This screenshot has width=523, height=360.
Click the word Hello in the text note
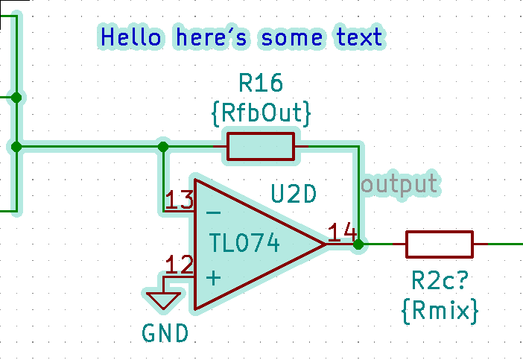[x=130, y=37]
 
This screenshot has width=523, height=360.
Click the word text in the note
[x=359, y=37]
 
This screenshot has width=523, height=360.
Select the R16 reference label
[x=261, y=83]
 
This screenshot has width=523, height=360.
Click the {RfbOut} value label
[x=261, y=113]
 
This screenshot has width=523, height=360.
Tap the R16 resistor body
[x=261, y=147]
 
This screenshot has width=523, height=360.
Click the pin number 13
[x=180, y=200]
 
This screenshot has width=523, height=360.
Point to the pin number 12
[x=180, y=265]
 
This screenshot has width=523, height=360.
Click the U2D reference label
[x=294, y=195]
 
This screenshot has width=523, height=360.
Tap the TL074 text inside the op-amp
[x=244, y=243]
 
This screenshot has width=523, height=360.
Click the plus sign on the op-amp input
[x=213, y=278]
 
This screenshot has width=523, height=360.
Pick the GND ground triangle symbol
[x=165, y=300]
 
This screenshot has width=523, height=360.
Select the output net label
[x=399, y=183]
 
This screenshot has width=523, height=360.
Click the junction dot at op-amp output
[x=358, y=244]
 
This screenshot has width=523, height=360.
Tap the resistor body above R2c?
[x=439, y=244]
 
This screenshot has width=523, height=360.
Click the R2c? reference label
[x=440, y=282]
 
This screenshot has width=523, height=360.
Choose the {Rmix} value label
[x=440, y=310]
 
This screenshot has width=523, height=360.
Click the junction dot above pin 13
[x=163, y=147]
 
